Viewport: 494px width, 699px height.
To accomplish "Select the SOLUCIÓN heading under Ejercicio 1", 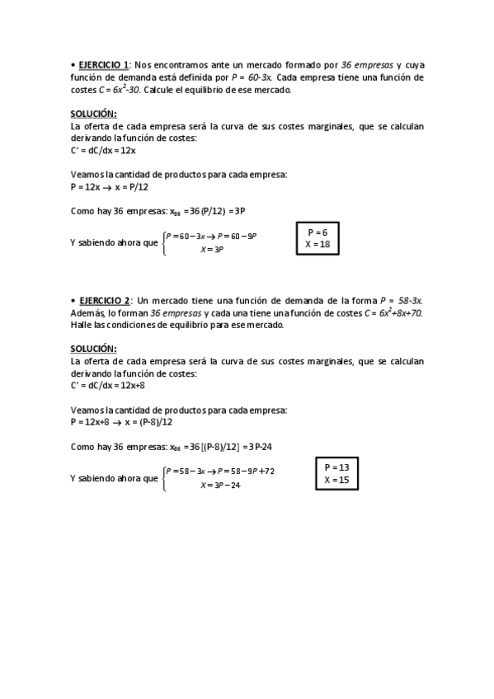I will click(93, 114).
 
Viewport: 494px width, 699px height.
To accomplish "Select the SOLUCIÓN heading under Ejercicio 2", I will click(93, 349).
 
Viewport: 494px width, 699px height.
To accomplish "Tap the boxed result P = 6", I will click(318, 232).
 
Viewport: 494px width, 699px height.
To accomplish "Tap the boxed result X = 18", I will click(318, 245).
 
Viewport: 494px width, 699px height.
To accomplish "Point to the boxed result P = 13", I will click(336, 467).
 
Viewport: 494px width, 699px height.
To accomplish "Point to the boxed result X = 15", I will click(336, 480).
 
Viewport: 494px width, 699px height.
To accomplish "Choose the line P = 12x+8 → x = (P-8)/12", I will click(122, 422).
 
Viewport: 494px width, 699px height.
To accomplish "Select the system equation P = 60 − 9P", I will click(237, 236).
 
